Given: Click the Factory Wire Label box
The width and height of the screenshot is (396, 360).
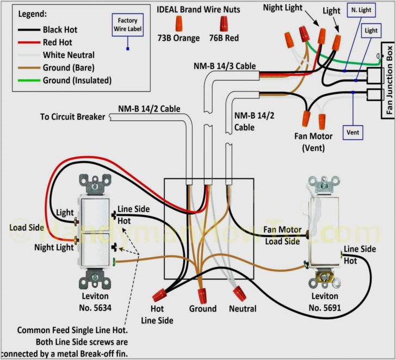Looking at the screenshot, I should pos(127,24).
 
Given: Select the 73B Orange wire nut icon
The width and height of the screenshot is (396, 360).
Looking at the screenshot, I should pos(177,23).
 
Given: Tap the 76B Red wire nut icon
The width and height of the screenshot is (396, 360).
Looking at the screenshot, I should pos(223,23).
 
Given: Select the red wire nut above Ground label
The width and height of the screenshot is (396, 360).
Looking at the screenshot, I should pos(202,296).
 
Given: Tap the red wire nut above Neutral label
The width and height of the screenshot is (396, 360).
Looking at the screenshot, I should pos(238,292).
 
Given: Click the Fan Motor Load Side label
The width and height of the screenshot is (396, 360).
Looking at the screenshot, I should pos(282,235).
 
